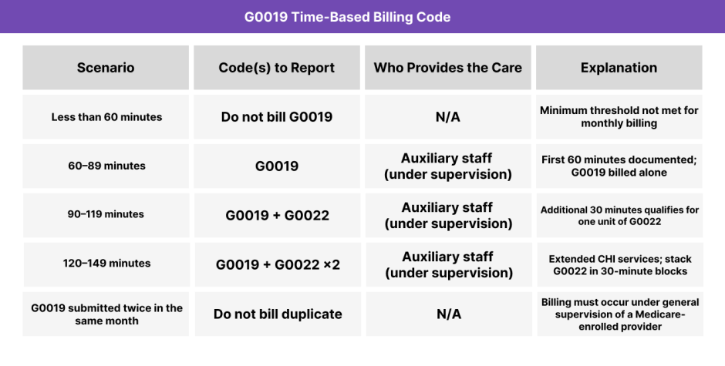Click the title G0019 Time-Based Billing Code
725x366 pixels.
point(362,17)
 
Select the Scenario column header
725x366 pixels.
point(106,68)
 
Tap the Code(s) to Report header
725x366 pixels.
point(276,68)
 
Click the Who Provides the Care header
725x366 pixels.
point(447,68)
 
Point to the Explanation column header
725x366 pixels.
point(619,68)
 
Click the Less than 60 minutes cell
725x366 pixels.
point(106,117)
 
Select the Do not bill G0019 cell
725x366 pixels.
point(276,117)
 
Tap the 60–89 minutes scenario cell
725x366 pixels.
point(106,166)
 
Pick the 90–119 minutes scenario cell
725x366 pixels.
point(106,214)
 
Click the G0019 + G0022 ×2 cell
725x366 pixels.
point(277,264)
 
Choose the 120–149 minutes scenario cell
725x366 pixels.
point(106,264)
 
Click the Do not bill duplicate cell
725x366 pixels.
point(277,314)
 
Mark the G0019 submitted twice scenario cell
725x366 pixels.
point(106,314)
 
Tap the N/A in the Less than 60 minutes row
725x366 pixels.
point(447,117)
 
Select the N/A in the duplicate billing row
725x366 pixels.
point(447,314)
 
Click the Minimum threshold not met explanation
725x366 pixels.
point(619,117)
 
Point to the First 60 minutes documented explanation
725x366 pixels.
point(619,166)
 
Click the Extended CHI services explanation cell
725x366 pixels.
point(619,264)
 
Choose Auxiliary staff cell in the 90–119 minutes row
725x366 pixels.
point(447,215)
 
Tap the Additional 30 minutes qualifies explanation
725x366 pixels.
point(619,215)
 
